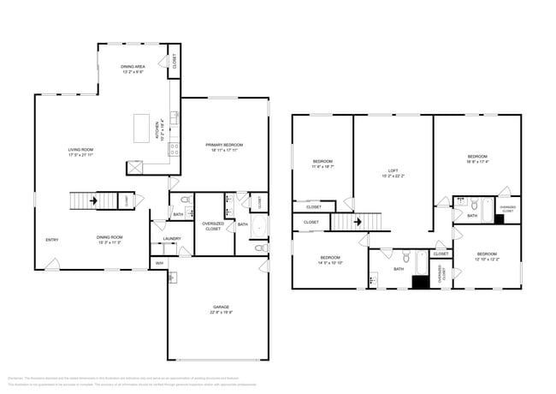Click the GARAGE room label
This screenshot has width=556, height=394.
pos(221,307)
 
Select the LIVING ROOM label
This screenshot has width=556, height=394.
pos(80,151)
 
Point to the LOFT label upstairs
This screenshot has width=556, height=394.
pos(393,171)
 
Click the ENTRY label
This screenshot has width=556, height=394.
pos(52,239)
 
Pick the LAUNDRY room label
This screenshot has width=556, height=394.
pos(172,239)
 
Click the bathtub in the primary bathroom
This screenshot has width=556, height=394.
pos(258,226)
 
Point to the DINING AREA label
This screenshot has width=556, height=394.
pos(132,67)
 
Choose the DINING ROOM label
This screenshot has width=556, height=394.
pos(109,237)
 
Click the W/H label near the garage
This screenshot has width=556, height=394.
pos(159,263)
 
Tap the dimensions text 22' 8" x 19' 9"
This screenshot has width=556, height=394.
pos(221,313)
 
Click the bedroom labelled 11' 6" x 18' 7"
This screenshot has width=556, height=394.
pos(322,163)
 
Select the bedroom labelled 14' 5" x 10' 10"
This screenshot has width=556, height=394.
pos(331,260)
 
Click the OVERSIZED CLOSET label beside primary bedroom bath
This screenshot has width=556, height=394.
pos(212,227)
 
